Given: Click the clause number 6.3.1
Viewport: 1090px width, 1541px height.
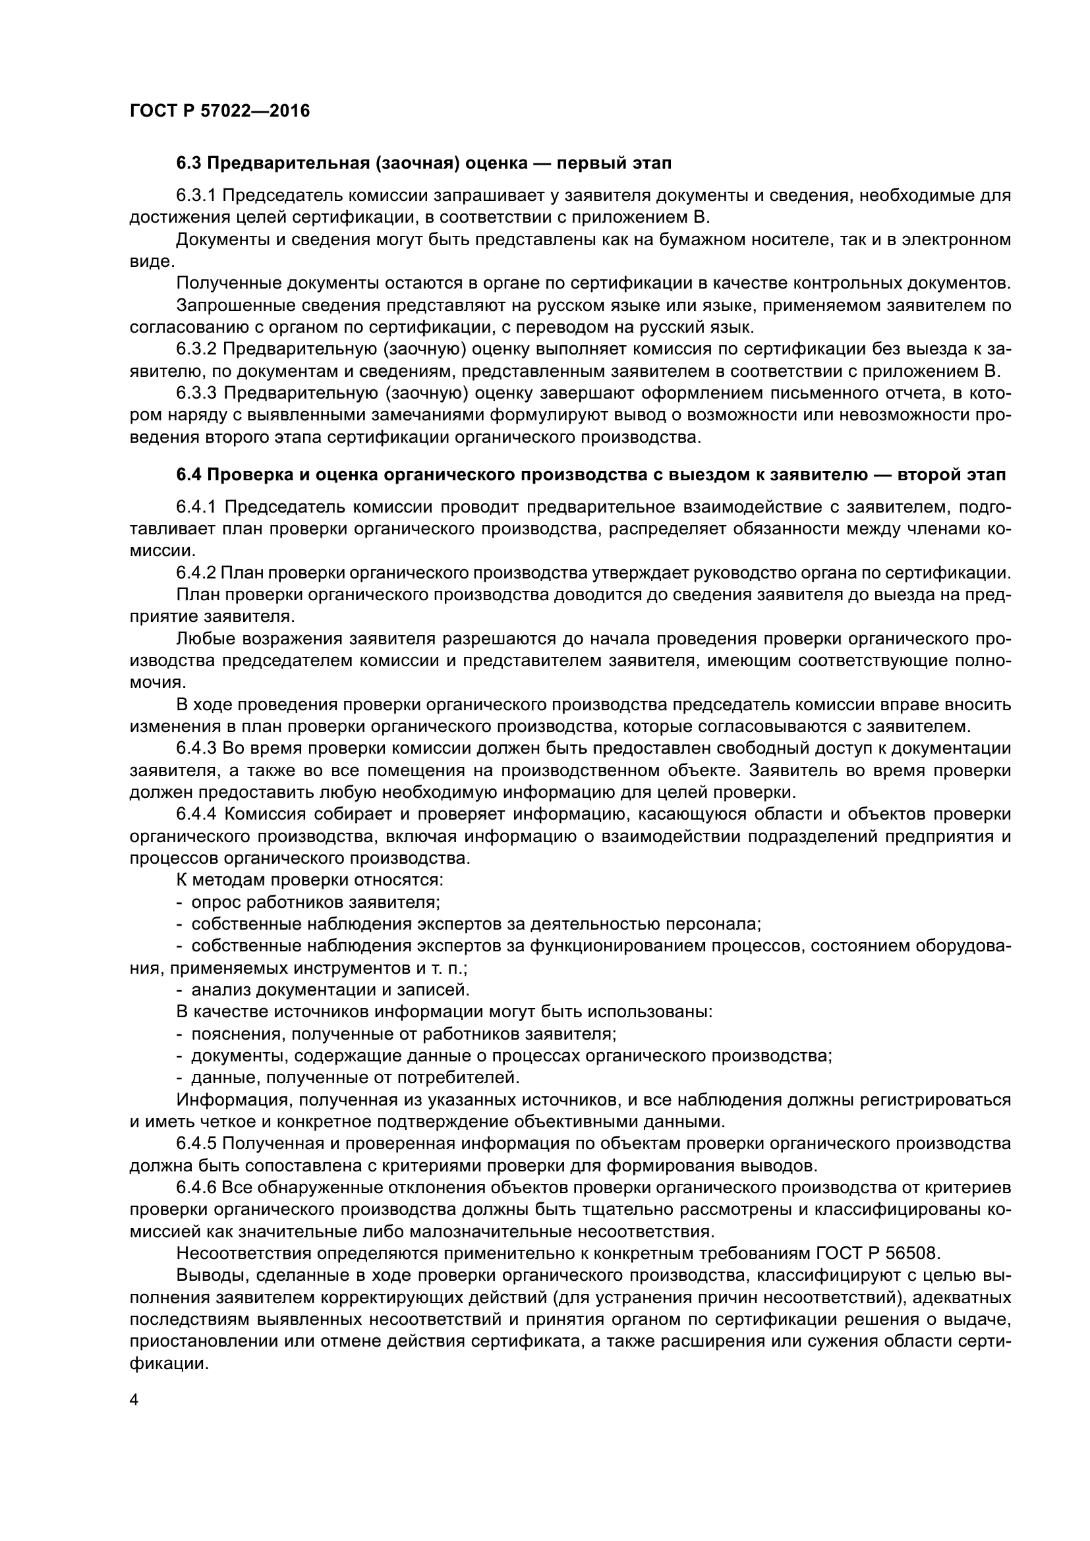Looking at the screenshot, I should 196,195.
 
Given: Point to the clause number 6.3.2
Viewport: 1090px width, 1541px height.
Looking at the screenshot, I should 196,349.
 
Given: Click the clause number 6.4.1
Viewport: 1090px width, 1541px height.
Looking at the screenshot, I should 196,507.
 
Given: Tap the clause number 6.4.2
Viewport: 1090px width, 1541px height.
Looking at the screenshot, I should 196,573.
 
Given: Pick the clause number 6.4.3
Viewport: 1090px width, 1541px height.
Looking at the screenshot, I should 196,748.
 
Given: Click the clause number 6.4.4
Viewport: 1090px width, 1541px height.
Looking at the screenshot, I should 196,814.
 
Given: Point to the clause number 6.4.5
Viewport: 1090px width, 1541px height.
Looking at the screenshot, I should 196,1143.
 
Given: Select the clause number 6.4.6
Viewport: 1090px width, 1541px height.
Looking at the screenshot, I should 196,1187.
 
